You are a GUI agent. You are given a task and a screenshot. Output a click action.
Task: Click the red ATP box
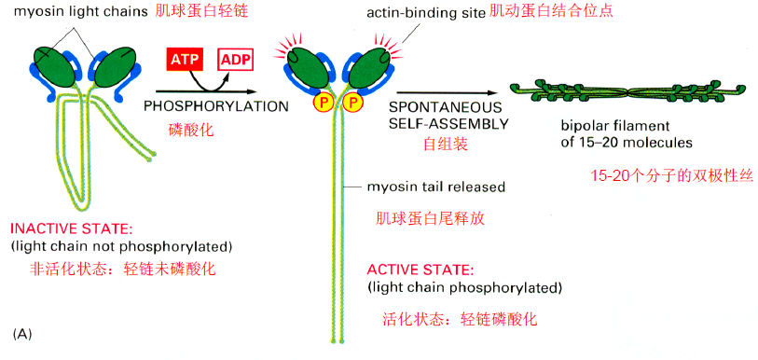click(x=184, y=59)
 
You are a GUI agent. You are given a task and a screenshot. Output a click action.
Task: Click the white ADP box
click(x=235, y=59)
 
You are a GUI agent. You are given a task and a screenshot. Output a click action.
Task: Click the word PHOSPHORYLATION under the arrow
click(x=216, y=106)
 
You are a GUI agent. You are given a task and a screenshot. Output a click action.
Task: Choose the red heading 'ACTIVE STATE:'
click(x=416, y=270)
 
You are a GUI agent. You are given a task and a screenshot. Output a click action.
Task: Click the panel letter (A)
click(x=22, y=333)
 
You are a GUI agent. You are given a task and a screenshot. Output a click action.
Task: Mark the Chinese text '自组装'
click(x=445, y=145)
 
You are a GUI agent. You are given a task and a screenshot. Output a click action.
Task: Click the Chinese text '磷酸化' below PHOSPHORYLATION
click(x=192, y=130)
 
